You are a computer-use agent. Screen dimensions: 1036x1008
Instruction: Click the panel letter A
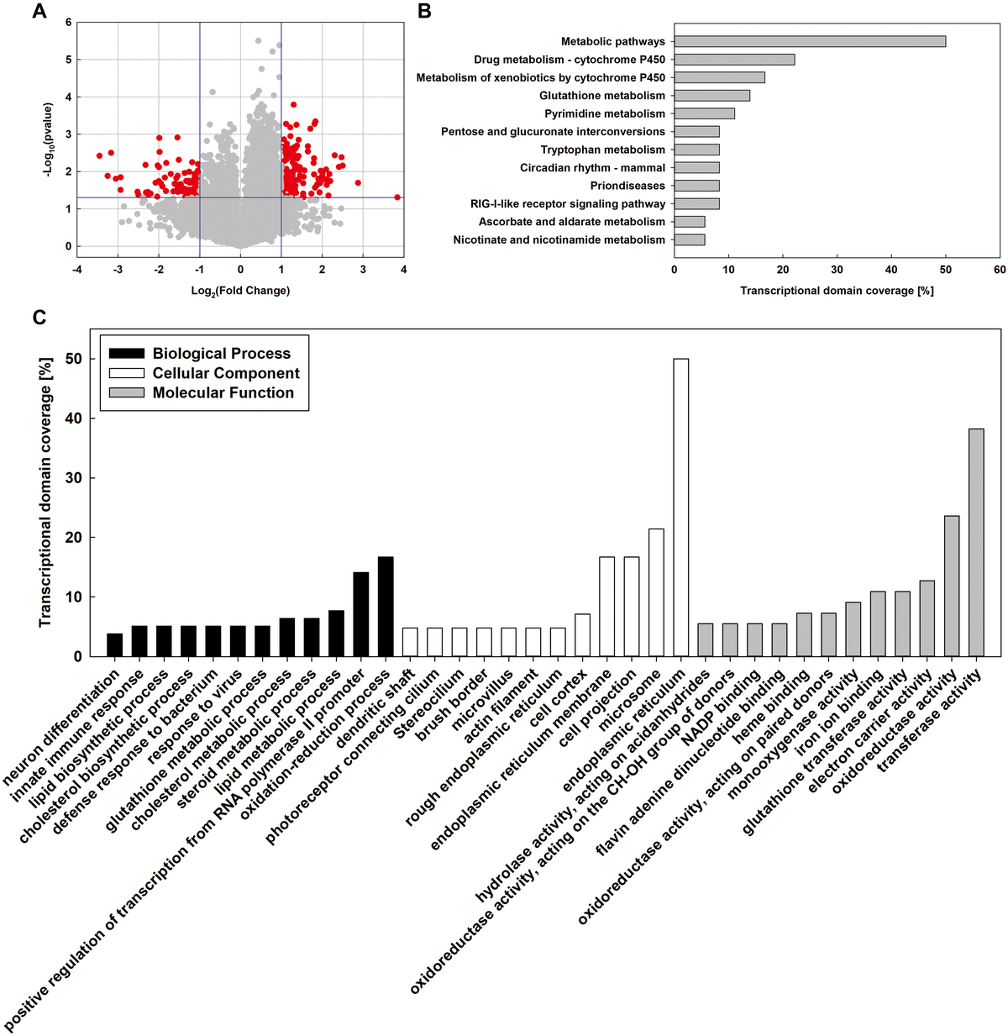point(38,12)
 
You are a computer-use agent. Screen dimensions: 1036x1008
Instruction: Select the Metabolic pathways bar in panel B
point(810,41)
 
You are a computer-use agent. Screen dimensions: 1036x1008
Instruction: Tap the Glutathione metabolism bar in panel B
point(712,96)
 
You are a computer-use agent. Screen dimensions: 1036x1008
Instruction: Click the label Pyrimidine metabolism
point(604,113)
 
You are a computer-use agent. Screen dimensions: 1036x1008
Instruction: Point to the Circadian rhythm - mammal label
point(592,168)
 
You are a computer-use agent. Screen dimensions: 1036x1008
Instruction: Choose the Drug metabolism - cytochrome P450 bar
point(734,60)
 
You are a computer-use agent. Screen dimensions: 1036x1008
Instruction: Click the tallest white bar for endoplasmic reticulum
point(680,507)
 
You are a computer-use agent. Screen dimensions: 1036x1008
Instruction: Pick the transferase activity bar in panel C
point(976,543)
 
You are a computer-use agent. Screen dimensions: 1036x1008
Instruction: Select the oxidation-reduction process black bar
point(386,607)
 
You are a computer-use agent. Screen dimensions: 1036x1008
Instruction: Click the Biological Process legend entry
point(221,354)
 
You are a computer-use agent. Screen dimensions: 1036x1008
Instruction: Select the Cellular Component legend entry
point(225,373)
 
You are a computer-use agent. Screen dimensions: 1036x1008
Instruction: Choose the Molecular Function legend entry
point(223,392)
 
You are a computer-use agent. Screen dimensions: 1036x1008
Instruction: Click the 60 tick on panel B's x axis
point(1000,270)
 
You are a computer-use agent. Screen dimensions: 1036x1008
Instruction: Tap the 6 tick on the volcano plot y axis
point(68,23)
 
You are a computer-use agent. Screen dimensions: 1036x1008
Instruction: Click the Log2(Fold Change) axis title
point(240,291)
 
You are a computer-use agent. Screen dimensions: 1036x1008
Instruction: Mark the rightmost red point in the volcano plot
point(397,197)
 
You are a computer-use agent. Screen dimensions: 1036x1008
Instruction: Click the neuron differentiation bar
point(114,644)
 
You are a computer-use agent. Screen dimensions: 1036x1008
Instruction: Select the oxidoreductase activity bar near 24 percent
point(952,586)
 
